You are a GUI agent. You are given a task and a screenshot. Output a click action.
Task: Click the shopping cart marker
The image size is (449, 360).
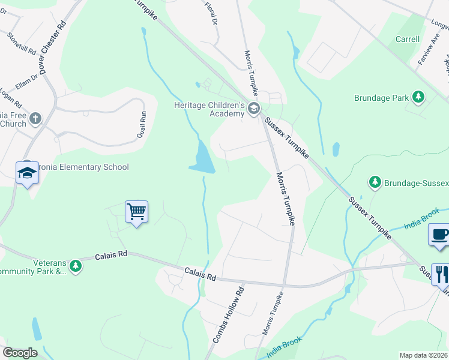tap(136, 211)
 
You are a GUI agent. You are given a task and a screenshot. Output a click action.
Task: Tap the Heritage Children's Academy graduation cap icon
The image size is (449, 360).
tap(253, 109)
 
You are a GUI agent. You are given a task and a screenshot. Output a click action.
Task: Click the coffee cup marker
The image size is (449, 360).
tap(439, 234)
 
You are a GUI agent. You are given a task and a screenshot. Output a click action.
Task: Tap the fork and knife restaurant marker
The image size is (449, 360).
tap(441, 274)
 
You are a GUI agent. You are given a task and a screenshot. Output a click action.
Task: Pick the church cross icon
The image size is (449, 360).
tap(35, 118)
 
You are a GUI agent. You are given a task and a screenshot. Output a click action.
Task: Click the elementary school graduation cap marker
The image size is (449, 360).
tap(26, 173)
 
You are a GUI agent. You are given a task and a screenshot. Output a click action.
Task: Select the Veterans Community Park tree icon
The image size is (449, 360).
tap(75, 265)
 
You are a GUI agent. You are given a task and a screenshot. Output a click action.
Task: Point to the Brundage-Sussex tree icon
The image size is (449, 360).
tap(375, 181)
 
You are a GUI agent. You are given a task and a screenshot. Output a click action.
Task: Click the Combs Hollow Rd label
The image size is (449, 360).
tap(229, 314)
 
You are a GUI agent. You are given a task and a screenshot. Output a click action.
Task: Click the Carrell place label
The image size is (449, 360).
tap(408, 39)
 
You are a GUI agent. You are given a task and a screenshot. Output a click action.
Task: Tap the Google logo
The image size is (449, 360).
tap(20, 353)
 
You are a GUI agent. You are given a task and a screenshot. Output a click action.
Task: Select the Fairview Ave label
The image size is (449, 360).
tap(424, 53)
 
